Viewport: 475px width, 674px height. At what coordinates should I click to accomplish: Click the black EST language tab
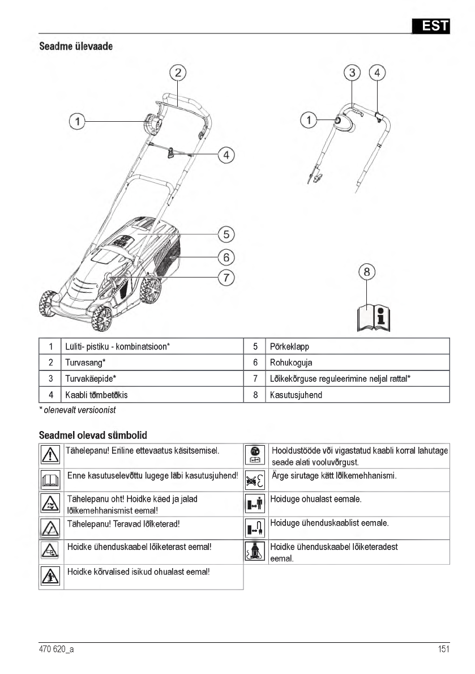coord(430,25)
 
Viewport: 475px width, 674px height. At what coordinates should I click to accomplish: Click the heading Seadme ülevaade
coord(75,46)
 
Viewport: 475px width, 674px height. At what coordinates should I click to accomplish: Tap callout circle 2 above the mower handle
coord(178,72)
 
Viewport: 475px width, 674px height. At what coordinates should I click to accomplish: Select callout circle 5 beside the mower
coord(226,234)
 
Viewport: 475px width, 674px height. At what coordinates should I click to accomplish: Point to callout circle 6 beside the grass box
coord(226,257)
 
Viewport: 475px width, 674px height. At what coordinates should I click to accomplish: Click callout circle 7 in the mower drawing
coord(226,278)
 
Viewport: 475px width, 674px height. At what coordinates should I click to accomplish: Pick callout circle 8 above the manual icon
coord(367,272)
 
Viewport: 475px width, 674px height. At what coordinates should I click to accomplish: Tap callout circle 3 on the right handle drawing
coord(353,72)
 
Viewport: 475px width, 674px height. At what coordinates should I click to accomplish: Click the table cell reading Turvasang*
coord(85,362)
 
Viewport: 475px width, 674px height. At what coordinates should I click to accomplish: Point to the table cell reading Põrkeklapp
coord(290,347)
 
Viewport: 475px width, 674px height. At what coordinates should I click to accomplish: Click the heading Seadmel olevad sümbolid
coord(93,435)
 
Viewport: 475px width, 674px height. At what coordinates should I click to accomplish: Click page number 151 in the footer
coord(443,650)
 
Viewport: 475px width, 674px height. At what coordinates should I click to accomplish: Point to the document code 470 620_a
coord(56,650)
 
